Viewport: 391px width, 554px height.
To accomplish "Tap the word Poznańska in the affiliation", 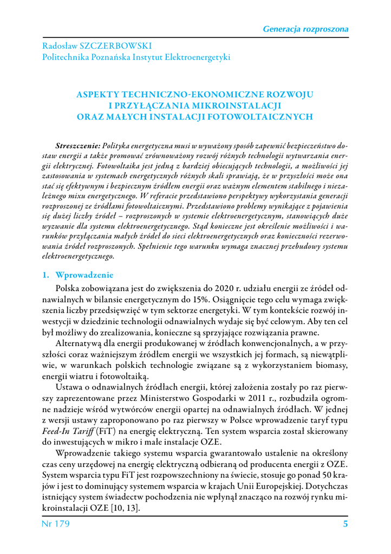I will pyautogui.click(x=116, y=56).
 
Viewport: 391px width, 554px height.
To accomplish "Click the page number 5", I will pyautogui.click(x=345, y=524).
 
